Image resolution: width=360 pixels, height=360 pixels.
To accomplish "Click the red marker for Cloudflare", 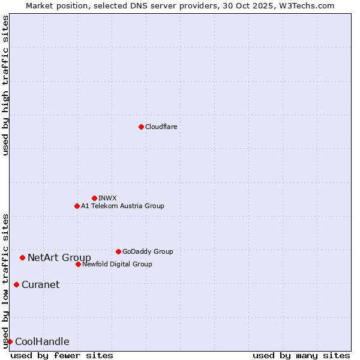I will pyautogui.click(x=141, y=127).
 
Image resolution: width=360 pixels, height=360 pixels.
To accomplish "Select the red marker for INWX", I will pyautogui.click(x=94, y=198).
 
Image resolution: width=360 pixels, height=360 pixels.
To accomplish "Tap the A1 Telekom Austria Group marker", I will pyautogui.click(x=77, y=206).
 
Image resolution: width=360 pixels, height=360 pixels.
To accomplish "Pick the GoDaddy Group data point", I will pyautogui.click(x=118, y=251).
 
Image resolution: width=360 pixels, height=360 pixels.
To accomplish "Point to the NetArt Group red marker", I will pyautogui.click(x=22, y=257).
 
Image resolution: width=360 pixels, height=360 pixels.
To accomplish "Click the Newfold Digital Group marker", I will pyautogui.click(x=78, y=264).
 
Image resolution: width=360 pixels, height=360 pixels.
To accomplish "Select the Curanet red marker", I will pyautogui.click(x=16, y=284).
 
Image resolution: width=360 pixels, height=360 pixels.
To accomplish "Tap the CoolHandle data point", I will pyautogui.click(x=10, y=341).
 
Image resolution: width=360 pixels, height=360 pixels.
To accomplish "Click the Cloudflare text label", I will pyautogui.click(x=161, y=127).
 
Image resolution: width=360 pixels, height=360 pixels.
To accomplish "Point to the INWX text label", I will pyautogui.click(x=107, y=198).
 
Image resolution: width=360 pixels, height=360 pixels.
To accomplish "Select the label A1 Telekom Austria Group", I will pyautogui.click(x=122, y=206).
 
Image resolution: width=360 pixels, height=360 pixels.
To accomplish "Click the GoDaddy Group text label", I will pyautogui.click(x=148, y=251).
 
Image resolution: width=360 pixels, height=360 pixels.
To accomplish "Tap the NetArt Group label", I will pyautogui.click(x=59, y=258).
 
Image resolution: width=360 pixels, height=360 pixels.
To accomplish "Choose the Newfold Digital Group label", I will pyautogui.click(x=117, y=264).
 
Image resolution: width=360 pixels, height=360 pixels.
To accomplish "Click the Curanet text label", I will pyautogui.click(x=40, y=285).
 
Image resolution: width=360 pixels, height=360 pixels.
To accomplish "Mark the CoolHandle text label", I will pyautogui.click(x=42, y=342).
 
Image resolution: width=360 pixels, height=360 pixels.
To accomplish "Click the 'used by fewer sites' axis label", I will pyautogui.click(x=62, y=355).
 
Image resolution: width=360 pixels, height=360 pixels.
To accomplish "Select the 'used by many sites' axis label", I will pyautogui.click(x=301, y=355).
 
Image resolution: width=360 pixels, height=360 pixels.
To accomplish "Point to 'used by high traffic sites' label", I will pyautogui.click(x=6, y=85).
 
